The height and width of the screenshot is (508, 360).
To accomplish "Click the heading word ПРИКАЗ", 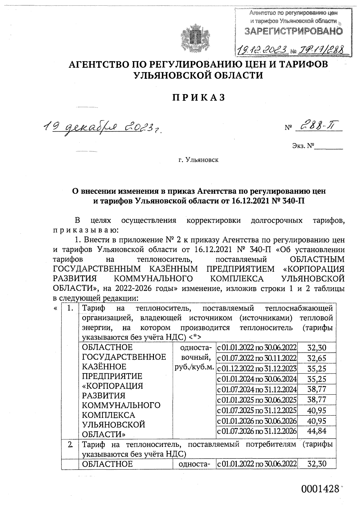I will coord(198,98).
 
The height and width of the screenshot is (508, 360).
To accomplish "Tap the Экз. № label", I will coord(303,146).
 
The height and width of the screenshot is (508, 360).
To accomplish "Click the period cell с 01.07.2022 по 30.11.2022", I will coord(256,358).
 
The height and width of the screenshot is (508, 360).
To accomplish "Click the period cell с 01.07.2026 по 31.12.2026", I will coord(256,431).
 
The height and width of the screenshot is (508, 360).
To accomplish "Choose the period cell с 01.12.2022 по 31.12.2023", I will coord(256,368).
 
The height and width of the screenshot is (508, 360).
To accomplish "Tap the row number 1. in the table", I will coord(70,308).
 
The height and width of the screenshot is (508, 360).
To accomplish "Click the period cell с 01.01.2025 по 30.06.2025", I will coord(256,400).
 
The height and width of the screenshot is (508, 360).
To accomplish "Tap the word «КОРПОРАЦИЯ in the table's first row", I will coord(112,385).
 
